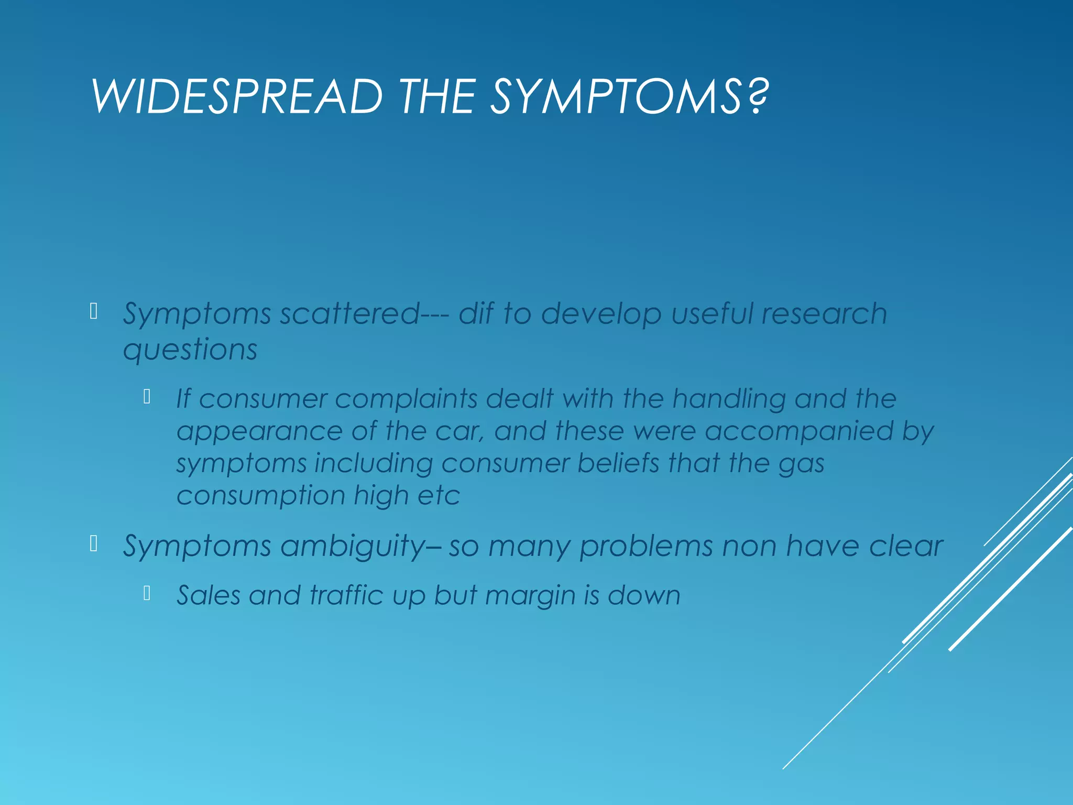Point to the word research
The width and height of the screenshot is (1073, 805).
[824, 313]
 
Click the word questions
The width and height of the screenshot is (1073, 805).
[190, 350]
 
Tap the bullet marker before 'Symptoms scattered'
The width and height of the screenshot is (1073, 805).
[94, 311]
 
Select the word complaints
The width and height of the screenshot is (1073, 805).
[406, 398]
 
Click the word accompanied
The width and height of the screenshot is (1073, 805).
[798, 432]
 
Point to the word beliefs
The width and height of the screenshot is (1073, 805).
[618, 463]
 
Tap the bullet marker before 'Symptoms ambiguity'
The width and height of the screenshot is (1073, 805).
[94, 543]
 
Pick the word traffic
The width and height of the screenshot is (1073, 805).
[346, 595]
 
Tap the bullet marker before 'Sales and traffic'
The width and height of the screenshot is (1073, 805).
[147, 593]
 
